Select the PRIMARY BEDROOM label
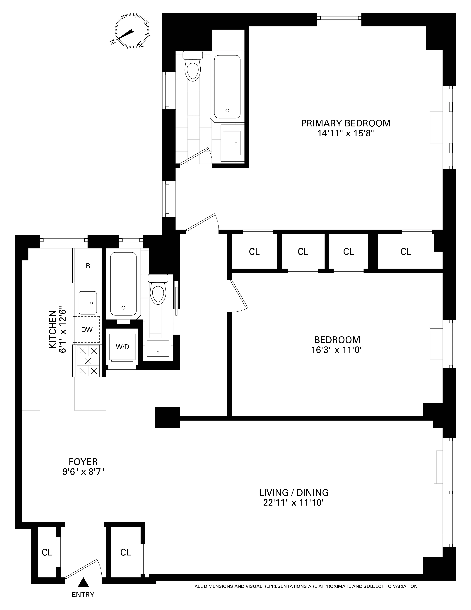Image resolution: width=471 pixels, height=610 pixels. click(x=345, y=123)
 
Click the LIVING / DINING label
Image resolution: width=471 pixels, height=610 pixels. click(x=294, y=492)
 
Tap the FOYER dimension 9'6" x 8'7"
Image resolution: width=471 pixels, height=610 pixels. click(x=83, y=472)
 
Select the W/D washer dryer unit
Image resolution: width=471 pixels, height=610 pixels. click(x=122, y=347)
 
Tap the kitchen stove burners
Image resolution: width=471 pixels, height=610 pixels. click(x=88, y=361)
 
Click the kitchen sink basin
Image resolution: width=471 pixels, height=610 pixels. click(x=88, y=303)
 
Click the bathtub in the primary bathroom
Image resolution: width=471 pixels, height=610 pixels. click(x=227, y=87)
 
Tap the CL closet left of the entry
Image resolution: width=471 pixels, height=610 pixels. click(x=47, y=552)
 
